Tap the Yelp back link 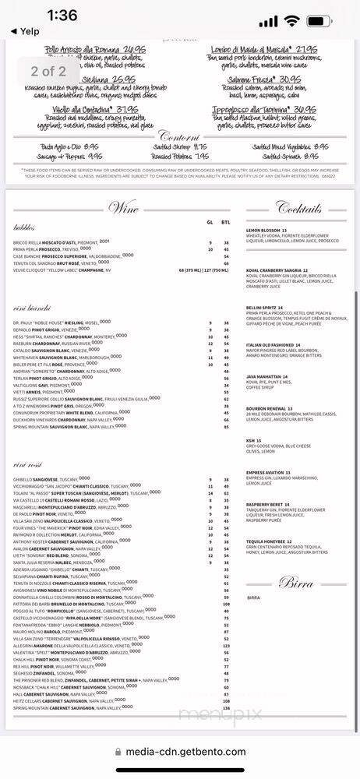click(24, 32)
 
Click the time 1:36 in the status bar click(62, 15)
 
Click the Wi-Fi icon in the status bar click(292, 21)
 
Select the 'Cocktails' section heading click(299, 208)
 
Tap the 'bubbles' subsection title click(24, 227)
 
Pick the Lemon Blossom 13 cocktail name click(267, 231)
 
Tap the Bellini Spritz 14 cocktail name click(266, 308)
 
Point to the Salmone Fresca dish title click(275, 79)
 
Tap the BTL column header click(225, 222)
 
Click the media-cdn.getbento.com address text click(187, 753)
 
